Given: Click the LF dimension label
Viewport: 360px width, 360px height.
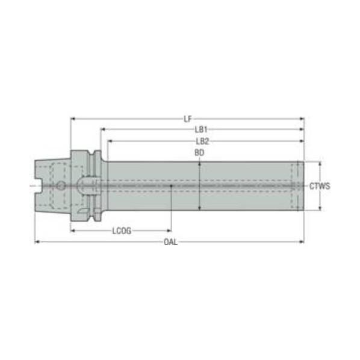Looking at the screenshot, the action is (188, 119).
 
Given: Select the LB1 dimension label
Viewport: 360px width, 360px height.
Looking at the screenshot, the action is (201, 129).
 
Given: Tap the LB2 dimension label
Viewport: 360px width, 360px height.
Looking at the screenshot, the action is (202, 141).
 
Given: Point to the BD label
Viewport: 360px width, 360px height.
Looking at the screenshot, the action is (199, 153).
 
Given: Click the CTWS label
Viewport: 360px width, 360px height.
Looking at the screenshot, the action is (320, 186).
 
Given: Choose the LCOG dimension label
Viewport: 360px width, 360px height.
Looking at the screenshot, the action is (122, 231).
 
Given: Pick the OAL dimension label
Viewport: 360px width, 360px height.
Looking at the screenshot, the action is (170, 242).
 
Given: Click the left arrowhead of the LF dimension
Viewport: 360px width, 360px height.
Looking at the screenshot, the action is (73, 119).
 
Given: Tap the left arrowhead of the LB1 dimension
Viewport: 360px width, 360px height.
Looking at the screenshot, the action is (102, 129).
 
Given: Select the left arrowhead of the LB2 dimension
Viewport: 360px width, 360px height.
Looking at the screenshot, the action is (110, 141).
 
